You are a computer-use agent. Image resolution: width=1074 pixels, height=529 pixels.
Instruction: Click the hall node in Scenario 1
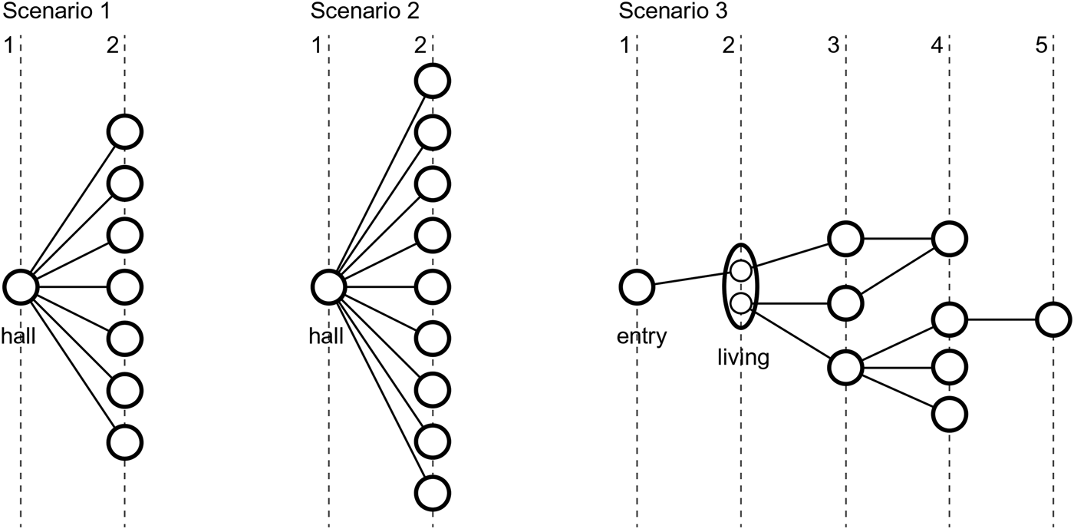[21, 286]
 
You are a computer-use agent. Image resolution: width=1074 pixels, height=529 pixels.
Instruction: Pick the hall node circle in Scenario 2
[328, 286]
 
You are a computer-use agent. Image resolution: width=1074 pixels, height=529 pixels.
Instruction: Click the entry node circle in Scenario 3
[637, 287]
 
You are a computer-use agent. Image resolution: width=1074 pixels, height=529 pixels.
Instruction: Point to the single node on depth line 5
[1053, 319]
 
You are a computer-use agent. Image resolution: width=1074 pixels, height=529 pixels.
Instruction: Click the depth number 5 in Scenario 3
[1040, 45]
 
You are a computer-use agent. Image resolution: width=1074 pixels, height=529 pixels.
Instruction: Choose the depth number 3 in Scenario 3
[833, 45]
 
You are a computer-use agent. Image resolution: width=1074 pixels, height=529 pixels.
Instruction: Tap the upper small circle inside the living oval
[740, 270]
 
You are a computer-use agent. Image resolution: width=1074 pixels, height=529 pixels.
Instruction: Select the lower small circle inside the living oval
[740, 303]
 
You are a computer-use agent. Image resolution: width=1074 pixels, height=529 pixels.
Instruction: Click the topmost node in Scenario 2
[433, 81]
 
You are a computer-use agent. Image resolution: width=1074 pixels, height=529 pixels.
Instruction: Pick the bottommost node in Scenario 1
[124, 442]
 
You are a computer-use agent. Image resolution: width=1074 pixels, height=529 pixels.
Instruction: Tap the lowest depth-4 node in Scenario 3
[950, 414]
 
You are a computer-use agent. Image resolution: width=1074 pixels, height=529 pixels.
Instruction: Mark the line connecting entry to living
[688, 280]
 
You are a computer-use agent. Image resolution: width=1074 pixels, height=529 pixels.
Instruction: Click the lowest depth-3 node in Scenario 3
[845, 366]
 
